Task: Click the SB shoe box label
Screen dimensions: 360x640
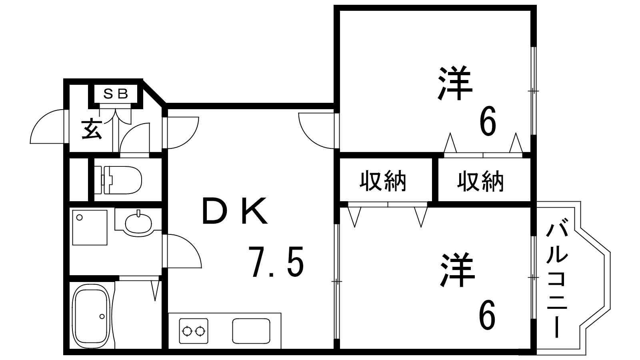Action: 116,94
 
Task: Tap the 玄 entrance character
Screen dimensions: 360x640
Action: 92,129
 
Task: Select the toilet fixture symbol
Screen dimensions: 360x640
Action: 119,180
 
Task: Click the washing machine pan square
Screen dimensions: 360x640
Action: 90,227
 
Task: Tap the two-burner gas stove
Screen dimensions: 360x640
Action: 194,331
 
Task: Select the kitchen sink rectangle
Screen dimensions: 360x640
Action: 251,330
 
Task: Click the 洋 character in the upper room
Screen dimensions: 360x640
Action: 455,84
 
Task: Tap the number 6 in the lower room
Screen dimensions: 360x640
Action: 487,315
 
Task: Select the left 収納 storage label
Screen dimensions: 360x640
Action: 383,181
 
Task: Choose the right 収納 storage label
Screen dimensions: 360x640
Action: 480,181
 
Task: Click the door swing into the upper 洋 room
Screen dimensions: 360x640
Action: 314,130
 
